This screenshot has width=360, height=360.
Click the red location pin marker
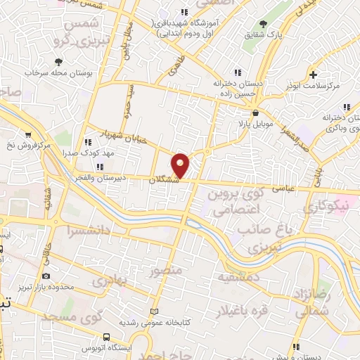click(x=181, y=165)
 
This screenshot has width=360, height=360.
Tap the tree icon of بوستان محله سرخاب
click(x=58, y=62)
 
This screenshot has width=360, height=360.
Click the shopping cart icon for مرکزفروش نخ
click(x=27, y=134)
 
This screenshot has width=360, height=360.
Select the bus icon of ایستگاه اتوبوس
click(x=106, y=337)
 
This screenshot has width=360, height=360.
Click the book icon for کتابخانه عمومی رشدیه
click(x=156, y=311)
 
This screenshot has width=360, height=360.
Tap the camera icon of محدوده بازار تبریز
click(x=46, y=276)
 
